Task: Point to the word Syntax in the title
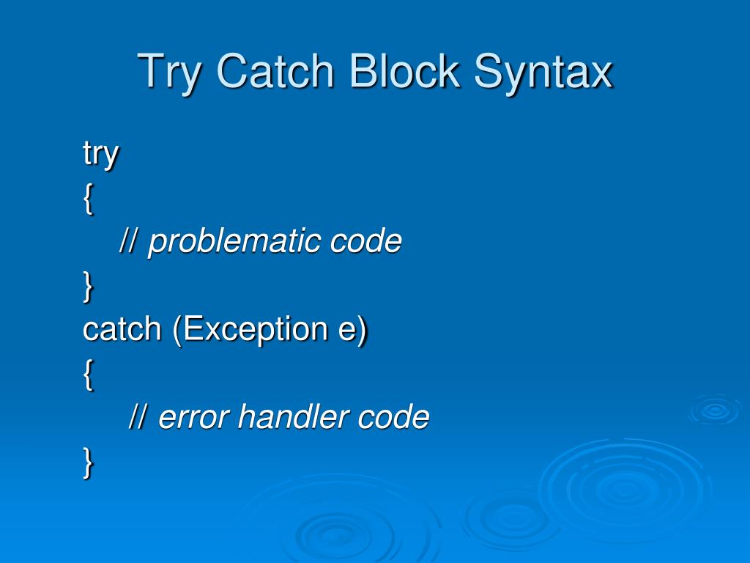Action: pyautogui.click(x=543, y=73)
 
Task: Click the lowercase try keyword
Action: pyautogui.click(x=100, y=155)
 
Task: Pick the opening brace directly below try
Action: pyautogui.click(x=89, y=199)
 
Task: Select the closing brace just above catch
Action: pyautogui.click(x=89, y=287)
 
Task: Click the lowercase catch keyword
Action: pyautogui.click(x=122, y=329)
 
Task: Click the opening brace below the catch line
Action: pyautogui.click(x=89, y=375)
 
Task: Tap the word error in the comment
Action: pyautogui.click(x=194, y=418)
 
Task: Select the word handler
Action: pyautogui.click(x=294, y=417)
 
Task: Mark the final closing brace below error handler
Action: pyautogui.click(x=89, y=463)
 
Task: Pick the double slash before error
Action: pyautogui.click(x=139, y=417)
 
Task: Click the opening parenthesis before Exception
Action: pyautogui.click(x=177, y=330)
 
